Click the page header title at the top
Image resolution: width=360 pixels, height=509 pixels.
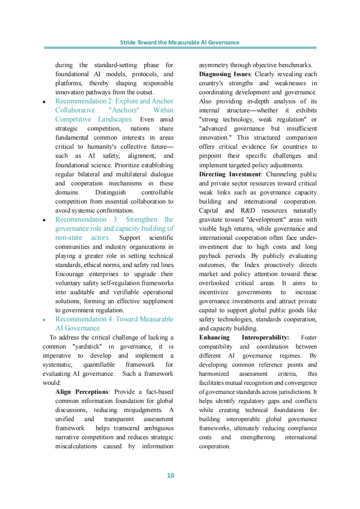(180, 42)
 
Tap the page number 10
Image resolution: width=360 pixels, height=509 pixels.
(170, 475)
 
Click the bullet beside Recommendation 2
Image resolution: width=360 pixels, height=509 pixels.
(44, 102)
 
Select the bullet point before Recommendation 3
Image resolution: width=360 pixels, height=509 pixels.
(44, 220)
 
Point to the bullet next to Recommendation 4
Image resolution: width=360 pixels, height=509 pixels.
(44, 320)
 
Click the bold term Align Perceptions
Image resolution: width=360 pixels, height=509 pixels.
(82, 392)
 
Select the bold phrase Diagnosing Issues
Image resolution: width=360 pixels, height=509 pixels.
(224, 74)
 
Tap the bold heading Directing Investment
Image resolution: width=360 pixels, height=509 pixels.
(230, 174)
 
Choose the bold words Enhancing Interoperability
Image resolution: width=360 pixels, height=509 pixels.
(244, 337)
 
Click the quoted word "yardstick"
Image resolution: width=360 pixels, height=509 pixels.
(87, 346)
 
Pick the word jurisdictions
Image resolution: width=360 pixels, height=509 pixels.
(294, 392)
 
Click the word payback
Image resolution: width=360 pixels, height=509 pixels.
(210, 256)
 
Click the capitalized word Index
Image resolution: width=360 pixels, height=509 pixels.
(252, 265)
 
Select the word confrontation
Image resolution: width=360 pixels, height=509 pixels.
(110, 210)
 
